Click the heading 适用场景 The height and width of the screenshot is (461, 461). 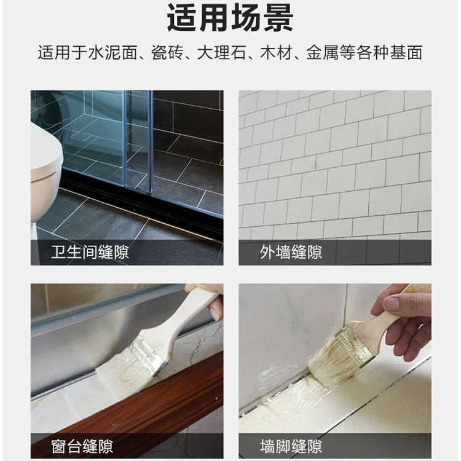(230, 19)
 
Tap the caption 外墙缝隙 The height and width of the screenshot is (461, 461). (291, 252)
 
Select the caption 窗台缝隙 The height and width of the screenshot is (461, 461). (83, 446)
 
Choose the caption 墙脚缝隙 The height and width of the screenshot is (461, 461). (291, 446)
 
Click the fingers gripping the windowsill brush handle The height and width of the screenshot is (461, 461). (213, 301)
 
